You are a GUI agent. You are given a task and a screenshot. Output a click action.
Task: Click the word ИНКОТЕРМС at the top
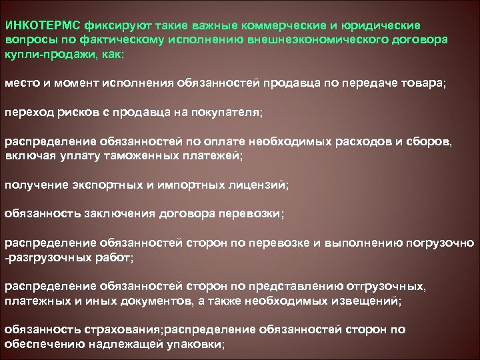coord(43,25)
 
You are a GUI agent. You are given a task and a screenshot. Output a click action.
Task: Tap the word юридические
coord(379,25)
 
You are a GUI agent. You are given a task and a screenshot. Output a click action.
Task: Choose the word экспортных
coord(104,184)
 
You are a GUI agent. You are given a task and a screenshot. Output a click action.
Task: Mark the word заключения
coord(117,213)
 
